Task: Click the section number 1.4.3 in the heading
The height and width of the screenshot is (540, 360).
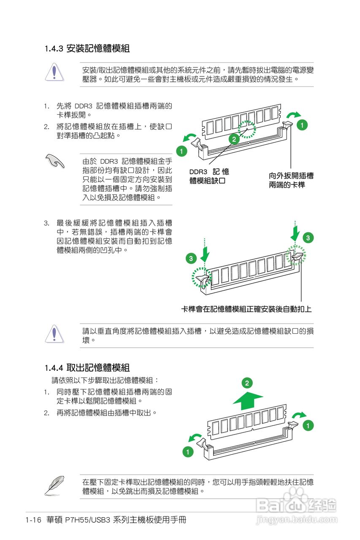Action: (x=54, y=49)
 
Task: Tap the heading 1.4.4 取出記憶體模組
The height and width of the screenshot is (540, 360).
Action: (x=87, y=367)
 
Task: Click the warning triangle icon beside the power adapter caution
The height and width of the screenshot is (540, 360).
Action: (x=54, y=72)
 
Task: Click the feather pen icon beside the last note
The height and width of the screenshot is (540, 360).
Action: (x=54, y=485)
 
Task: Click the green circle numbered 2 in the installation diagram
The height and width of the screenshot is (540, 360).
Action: (x=233, y=139)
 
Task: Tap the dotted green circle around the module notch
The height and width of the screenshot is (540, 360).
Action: (x=247, y=130)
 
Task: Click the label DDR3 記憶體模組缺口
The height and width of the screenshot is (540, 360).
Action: (x=209, y=176)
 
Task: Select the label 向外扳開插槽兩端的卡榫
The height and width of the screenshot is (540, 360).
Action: (x=291, y=181)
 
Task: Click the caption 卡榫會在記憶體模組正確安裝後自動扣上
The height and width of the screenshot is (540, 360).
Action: (x=246, y=309)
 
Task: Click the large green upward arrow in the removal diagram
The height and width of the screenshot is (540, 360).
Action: (x=248, y=400)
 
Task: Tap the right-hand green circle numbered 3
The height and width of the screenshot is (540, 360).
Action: (x=309, y=238)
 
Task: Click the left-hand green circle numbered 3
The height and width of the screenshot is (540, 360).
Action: (x=191, y=258)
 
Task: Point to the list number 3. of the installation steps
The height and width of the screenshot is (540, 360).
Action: (x=47, y=223)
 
